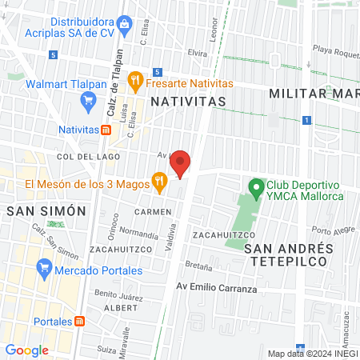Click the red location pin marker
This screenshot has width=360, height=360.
[181, 164]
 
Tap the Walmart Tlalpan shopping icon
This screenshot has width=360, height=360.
[89, 100]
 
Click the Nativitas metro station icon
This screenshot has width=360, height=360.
[106, 129]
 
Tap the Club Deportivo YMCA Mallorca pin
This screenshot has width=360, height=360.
[256, 189]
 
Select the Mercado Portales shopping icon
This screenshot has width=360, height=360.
[44, 270]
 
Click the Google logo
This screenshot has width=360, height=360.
[27, 350]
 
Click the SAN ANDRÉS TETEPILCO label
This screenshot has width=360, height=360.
[287, 254]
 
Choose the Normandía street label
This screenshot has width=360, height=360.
[139, 235]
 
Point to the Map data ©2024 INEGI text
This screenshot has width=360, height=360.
[311, 353]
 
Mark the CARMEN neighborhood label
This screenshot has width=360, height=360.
[153, 211]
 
